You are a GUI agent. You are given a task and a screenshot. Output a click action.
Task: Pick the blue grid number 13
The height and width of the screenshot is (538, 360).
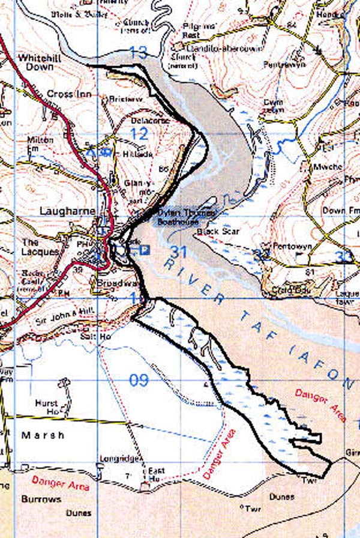pos(138,53)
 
